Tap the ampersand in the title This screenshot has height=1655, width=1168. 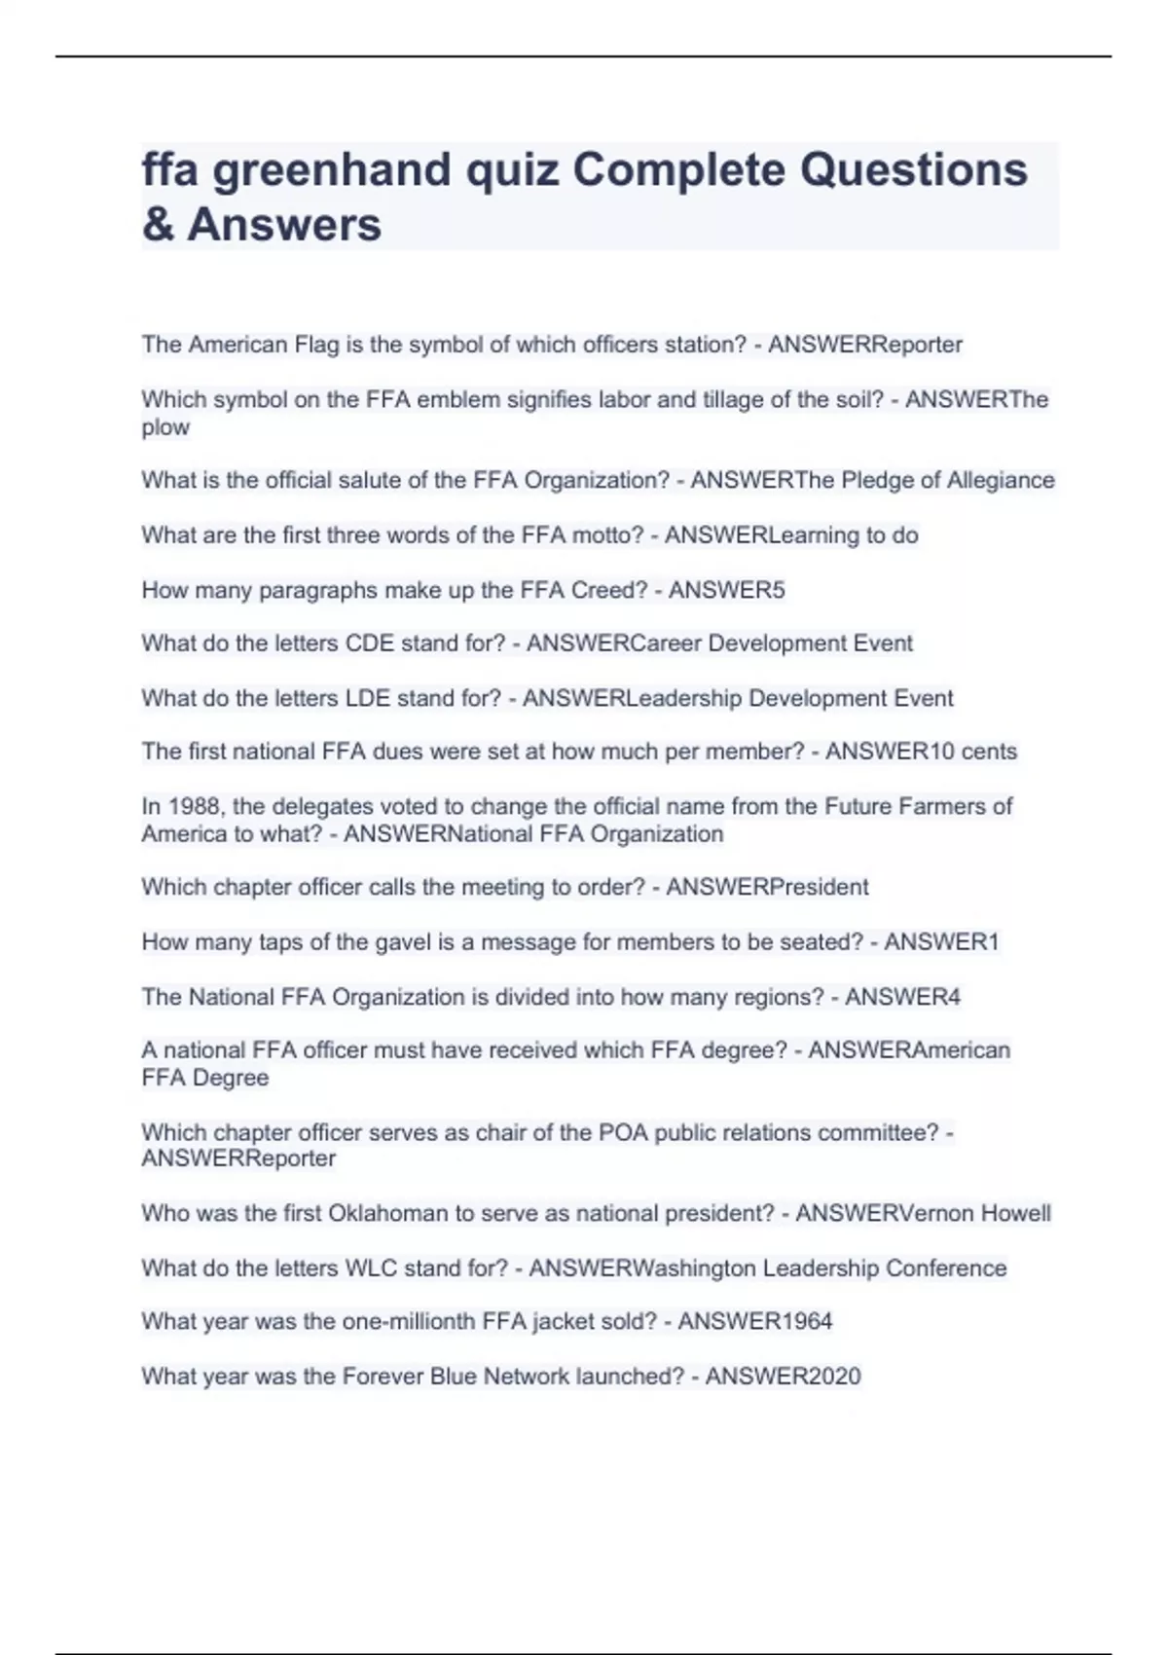point(158,225)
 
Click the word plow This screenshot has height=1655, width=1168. point(165,427)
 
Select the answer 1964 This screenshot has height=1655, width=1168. point(803,1321)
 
